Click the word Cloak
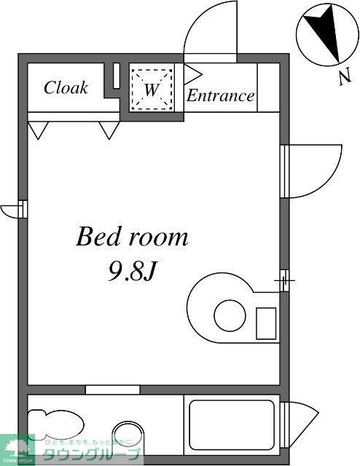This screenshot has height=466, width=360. tap(66, 88)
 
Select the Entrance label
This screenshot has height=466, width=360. tap(221, 95)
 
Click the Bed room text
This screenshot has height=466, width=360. tap(132, 237)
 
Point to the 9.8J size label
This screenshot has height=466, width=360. tap(133, 272)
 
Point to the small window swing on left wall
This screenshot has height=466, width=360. tap(12, 210)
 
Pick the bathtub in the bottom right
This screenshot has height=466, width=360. tap(232, 426)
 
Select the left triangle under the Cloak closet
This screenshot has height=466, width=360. tap(38, 130)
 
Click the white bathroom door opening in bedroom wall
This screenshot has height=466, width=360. tap(112, 390)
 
